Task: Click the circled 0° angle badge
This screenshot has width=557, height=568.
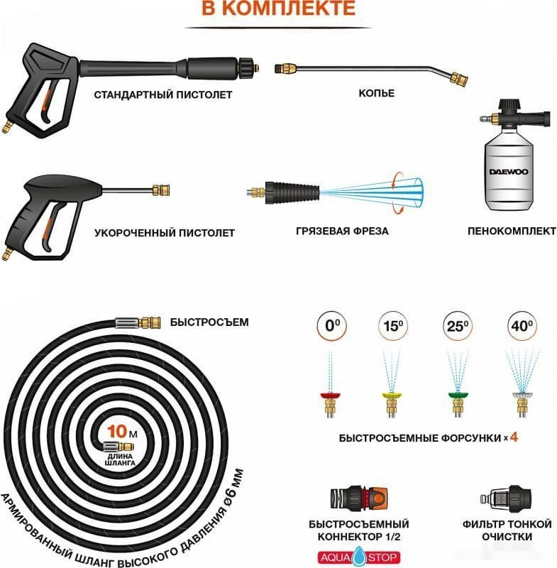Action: pyautogui.click(x=332, y=326)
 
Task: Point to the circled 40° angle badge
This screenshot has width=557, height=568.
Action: pyautogui.click(x=522, y=326)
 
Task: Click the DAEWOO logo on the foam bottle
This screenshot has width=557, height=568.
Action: pyautogui.click(x=509, y=171)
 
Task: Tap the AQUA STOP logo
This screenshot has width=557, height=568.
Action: pyautogui.click(x=359, y=557)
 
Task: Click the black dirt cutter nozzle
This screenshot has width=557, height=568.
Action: pyautogui.click(x=292, y=192)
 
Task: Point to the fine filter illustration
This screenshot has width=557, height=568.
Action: pyautogui.click(x=506, y=498)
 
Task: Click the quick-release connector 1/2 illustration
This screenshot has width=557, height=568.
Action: pyautogui.click(x=358, y=498)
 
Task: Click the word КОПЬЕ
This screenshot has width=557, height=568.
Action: pyautogui.click(x=376, y=93)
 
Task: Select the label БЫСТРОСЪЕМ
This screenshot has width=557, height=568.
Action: pyautogui.click(x=209, y=322)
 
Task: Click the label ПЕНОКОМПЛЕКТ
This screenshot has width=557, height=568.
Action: pyautogui.click(x=512, y=231)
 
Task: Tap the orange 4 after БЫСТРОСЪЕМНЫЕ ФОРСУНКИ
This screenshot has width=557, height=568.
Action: pyautogui.click(x=514, y=437)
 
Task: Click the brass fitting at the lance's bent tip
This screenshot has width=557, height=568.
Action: pyautogui.click(x=458, y=79)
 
